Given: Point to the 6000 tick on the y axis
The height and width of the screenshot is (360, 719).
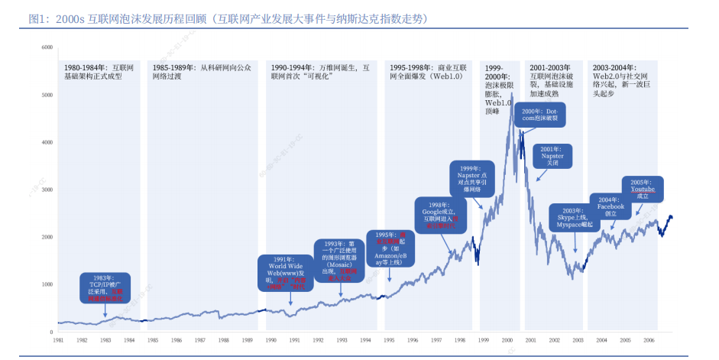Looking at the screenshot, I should coord(47,47).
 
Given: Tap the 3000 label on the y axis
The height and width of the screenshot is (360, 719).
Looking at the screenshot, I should coord(47,190).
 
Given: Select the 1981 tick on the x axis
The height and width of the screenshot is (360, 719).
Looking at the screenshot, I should coord(57,339).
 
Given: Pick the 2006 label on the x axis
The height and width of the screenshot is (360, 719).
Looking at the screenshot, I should coord(649,339).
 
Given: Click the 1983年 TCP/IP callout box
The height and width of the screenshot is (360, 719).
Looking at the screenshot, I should coord(105,287).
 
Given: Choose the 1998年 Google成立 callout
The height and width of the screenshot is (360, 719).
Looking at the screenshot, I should coord(439,216).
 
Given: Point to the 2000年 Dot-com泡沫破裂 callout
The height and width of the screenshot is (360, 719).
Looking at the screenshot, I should coord(541,115).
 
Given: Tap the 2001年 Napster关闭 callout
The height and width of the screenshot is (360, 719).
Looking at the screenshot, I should coord(552,157).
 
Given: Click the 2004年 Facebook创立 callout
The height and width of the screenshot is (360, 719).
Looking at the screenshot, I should coord(611,206).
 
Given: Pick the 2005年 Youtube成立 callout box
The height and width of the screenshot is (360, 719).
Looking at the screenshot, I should coord(643,189).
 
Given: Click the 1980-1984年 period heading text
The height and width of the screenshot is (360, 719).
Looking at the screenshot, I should coord(97,72).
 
